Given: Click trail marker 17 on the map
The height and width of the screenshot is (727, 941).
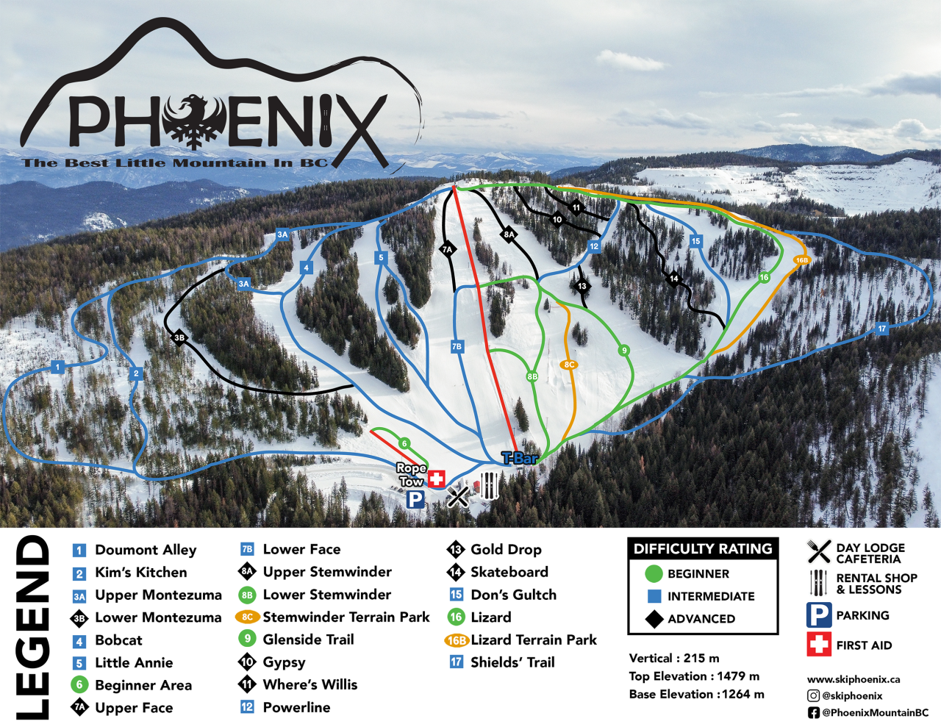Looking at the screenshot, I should (882, 329).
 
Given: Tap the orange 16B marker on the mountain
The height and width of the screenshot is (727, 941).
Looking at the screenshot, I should (801, 260).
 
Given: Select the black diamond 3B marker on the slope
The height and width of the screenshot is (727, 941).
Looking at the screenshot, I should (179, 338).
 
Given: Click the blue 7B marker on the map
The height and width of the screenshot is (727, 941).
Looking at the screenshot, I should (457, 346).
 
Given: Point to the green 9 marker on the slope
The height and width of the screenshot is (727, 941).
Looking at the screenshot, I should (624, 351).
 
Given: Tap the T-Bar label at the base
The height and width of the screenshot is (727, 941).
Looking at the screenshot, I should (520, 459).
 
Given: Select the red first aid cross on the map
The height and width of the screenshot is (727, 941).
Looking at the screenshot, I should (437, 479).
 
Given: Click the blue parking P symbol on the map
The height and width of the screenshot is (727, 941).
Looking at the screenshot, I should (415, 500).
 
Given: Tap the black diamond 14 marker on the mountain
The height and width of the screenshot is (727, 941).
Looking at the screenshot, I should (673, 279).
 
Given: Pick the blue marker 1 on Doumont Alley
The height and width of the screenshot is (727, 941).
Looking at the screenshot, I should (58, 367).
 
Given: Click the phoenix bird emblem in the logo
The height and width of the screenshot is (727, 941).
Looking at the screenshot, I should (195, 121).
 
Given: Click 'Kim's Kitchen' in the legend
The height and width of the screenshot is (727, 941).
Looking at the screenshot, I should (140, 573).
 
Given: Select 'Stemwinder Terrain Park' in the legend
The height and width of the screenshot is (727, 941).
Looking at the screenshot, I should (346, 617).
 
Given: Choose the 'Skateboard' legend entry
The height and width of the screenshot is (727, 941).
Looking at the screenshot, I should (509, 572).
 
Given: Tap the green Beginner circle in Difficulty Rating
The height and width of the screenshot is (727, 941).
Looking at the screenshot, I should (654, 574).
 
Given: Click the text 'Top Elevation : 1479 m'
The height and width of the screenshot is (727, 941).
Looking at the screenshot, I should (694, 676).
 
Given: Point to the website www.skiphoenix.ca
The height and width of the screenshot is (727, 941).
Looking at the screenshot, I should (853, 680).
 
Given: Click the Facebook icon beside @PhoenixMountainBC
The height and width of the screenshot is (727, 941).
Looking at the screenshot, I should (813, 713).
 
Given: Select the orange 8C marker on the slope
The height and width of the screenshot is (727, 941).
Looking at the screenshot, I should (568, 365).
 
